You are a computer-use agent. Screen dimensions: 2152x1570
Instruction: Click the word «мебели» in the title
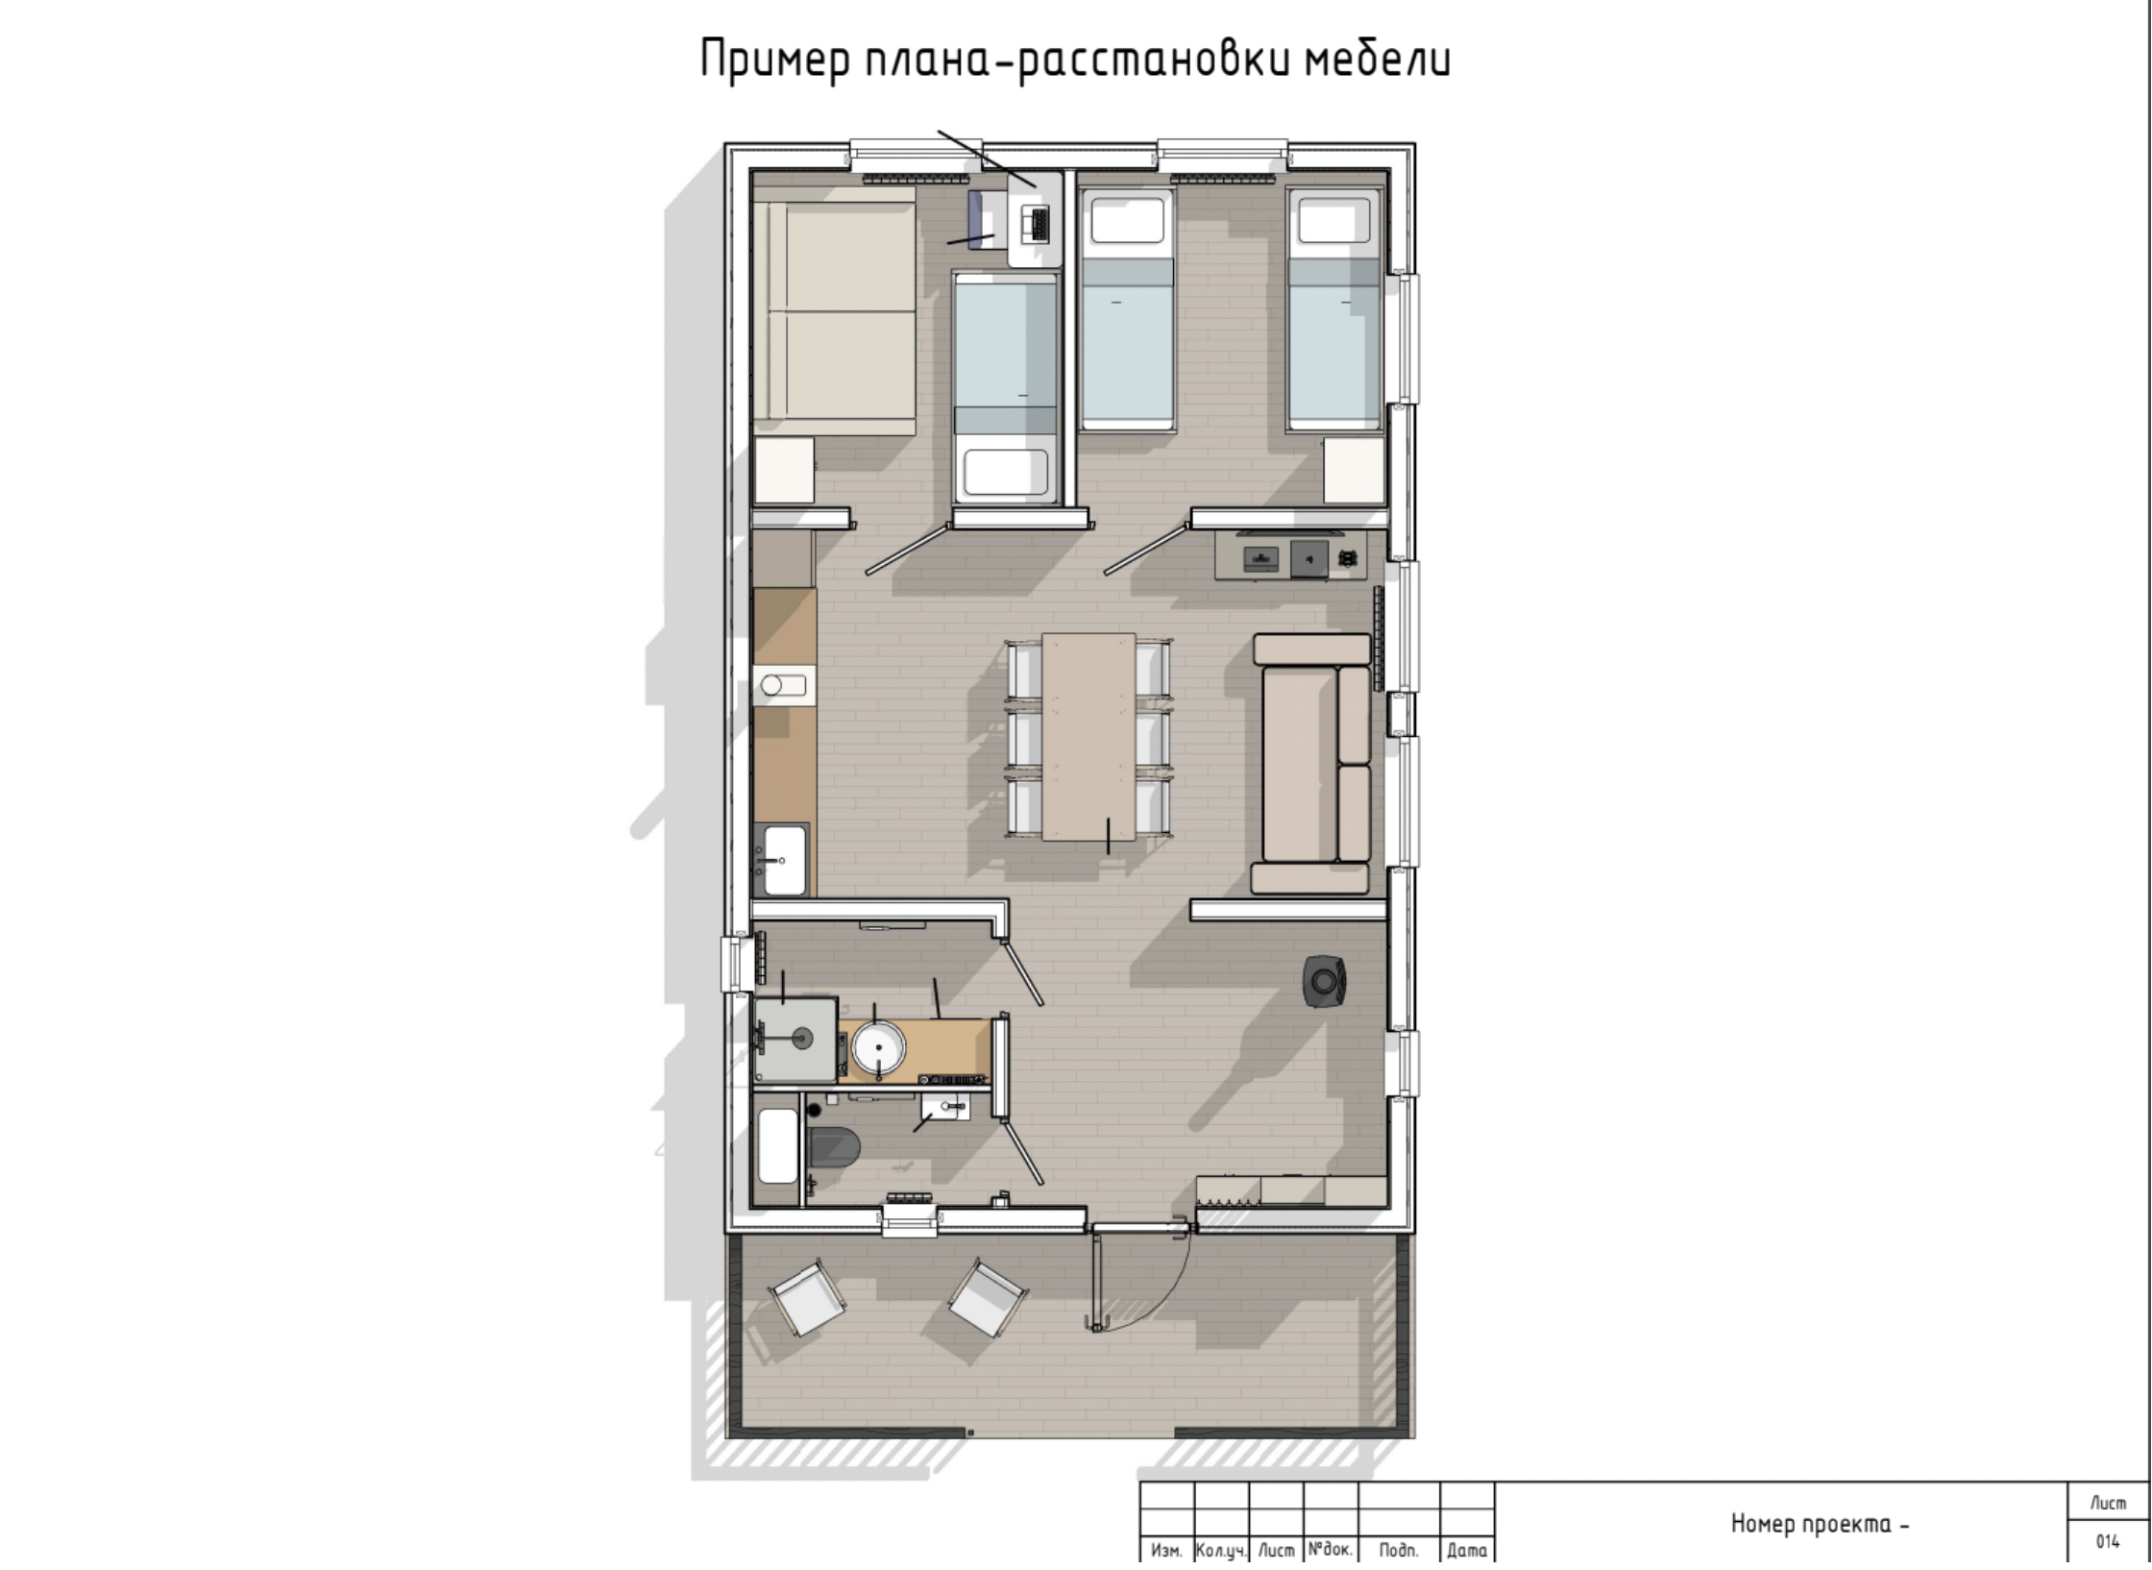[1377, 61]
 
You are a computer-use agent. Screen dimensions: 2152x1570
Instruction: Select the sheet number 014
[2108, 1542]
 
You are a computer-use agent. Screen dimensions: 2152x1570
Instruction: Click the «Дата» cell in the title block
[1466, 1550]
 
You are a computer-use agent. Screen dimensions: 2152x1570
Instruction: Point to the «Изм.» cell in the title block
[1166, 1550]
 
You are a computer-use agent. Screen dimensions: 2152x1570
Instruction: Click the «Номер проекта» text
[1811, 1524]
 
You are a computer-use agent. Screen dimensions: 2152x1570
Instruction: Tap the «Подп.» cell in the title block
[1399, 1550]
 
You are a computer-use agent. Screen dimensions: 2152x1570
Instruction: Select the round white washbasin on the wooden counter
[878, 1047]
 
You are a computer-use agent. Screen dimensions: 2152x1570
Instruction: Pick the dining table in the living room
[1088, 736]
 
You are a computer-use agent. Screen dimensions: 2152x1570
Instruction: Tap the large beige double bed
[833, 310]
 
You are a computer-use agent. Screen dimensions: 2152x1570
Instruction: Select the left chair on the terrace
[808, 1299]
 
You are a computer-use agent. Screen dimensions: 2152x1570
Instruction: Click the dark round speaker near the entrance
[1324, 981]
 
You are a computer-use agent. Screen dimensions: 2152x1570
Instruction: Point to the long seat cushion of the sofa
[1299, 764]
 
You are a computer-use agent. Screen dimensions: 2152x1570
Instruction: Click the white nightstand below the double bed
[784, 470]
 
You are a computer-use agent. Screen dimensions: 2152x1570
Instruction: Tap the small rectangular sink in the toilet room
[946, 1108]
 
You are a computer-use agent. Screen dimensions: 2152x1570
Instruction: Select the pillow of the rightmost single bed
[1334, 220]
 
